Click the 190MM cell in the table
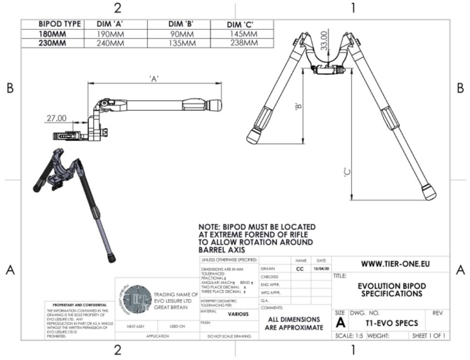tap(111, 34)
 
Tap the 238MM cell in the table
tap(243, 43)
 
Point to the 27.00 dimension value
tap(56, 118)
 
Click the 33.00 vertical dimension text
tap(324, 41)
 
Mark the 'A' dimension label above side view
tap(154, 79)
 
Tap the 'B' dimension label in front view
tap(299, 107)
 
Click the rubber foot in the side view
tap(213, 105)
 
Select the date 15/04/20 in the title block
tap(320, 269)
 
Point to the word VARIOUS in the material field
tap(238, 314)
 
